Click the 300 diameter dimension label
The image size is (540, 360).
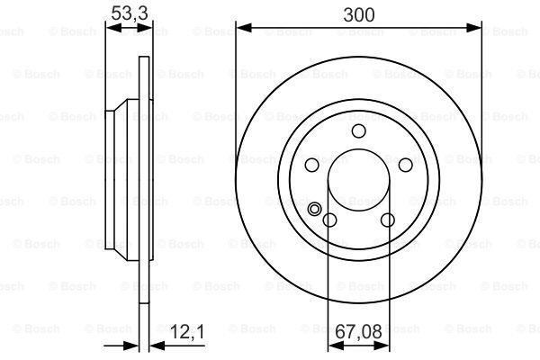click(358, 13)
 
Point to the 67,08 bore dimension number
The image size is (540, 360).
click(358, 329)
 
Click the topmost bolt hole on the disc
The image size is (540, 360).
click(358, 132)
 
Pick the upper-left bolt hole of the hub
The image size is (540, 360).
click(312, 166)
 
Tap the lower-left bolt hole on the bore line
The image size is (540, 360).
click(329, 220)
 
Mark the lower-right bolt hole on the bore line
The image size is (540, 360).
click(387, 220)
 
